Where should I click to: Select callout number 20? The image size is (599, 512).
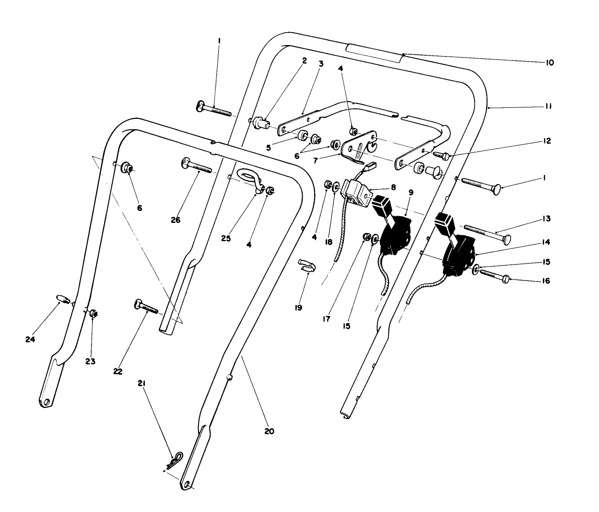coord(269,431)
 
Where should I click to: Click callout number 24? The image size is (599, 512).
coord(31,339)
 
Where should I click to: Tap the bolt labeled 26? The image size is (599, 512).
coord(197,166)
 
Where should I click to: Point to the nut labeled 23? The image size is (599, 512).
coord(94,314)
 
